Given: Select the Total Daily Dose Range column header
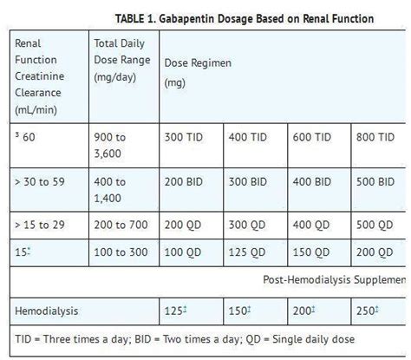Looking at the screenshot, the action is [122, 60].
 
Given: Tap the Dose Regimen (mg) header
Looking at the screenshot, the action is [198, 73].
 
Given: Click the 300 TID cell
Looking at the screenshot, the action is [184, 137].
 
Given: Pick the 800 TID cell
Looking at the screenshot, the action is [375, 137].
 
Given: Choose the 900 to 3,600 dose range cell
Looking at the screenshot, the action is [110, 145].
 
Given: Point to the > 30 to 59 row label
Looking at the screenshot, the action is [40, 182].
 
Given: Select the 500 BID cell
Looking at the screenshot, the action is [375, 182].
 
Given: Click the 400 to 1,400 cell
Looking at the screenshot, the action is [110, 190].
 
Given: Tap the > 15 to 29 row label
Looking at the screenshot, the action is [40, 225].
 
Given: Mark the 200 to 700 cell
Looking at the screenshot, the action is [121, 225].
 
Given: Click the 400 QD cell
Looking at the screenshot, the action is [311, 226].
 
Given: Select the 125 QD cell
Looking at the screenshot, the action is [247, 252].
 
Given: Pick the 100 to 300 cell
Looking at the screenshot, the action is [121, 252].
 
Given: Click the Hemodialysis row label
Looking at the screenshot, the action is [47, 311].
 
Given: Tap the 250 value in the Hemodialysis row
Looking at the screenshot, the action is [365, 311].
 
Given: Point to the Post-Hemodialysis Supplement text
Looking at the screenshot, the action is [334, 280].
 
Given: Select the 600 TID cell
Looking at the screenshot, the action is [311, 137].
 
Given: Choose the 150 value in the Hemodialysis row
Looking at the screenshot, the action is [238, 311].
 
